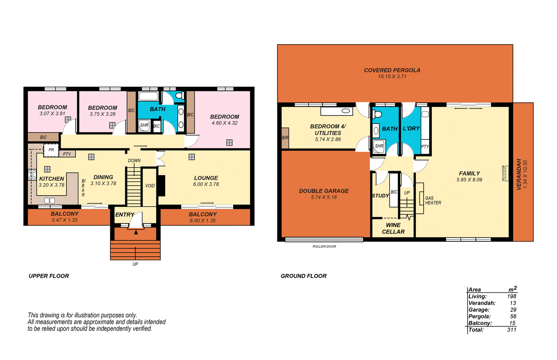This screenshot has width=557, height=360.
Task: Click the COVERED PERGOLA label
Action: (392, 70)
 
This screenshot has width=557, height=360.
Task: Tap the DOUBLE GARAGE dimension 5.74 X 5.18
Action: (324, 197)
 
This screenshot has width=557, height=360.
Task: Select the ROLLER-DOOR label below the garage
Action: (324, 246)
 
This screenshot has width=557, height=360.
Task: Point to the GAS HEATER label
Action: (433, 200)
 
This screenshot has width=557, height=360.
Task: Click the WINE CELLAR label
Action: (393, 228)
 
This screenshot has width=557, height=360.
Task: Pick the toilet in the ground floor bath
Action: (377, 114)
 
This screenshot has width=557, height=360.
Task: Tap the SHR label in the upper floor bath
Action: (144, 125)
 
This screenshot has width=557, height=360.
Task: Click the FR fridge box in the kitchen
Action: (51, 150)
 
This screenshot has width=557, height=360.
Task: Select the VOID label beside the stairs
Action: (150, 186)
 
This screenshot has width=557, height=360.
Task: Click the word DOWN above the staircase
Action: (134, 161)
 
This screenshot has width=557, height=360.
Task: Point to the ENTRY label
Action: (124, 215)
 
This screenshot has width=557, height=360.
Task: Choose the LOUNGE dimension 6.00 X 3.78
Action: (206, 184)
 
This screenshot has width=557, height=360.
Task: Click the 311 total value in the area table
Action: (511, 330)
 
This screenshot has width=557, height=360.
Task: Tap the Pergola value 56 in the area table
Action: (513, 317)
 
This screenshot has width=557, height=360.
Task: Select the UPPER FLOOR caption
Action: (49, 276)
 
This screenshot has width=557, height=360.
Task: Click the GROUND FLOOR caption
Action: (303, 276)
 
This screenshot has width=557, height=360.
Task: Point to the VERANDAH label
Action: (519, 174)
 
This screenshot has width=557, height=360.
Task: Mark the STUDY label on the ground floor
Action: (380, 196)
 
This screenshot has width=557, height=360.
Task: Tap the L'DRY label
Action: (411, 128)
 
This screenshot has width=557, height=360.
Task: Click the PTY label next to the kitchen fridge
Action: (67, 154)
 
